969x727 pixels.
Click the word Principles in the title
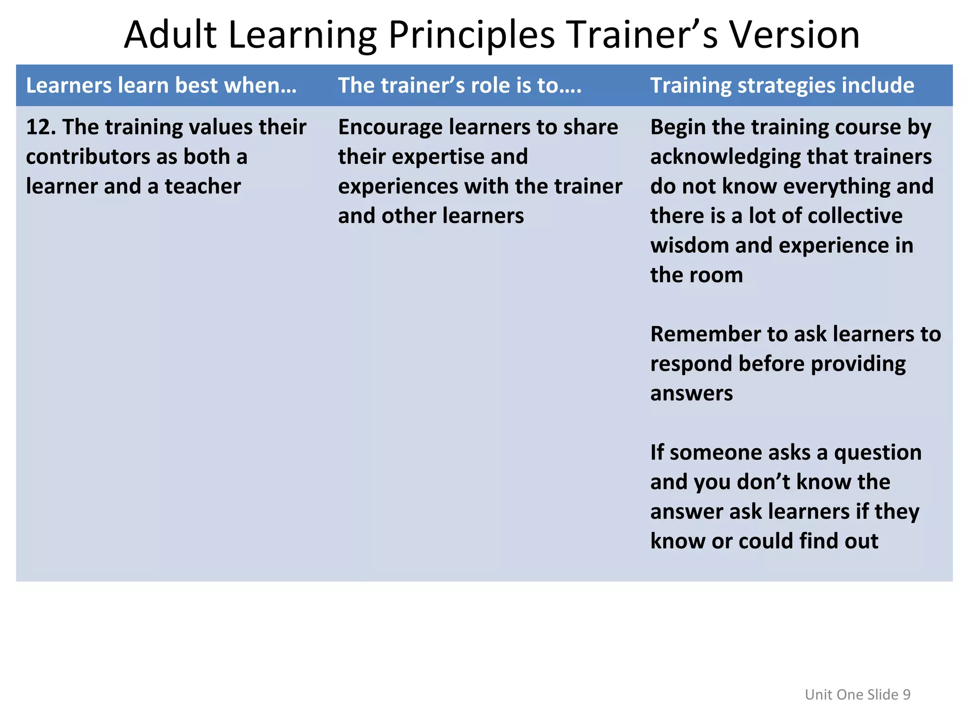click(471, 35)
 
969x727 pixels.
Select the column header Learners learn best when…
click(161, 86)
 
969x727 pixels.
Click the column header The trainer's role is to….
click(459, 86)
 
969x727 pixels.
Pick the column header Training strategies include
click(782, 86)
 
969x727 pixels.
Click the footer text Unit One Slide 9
click(857, 694)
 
